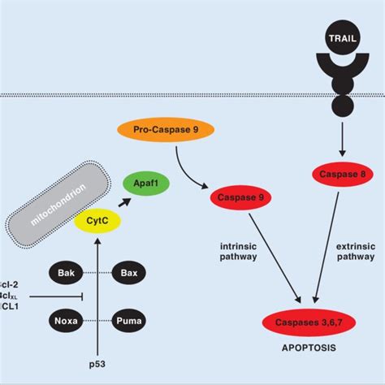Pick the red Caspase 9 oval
point(240,197)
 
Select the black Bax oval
point(128,273)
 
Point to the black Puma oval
point(128,321)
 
